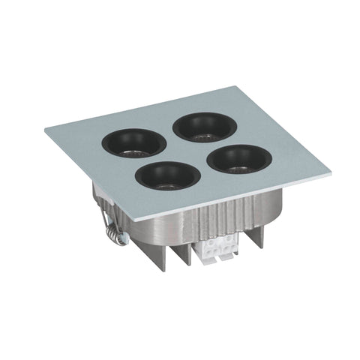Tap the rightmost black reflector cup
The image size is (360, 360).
tap(239, 157)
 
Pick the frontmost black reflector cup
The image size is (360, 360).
tap(169, 174)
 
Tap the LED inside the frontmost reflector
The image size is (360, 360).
tap(169, 184)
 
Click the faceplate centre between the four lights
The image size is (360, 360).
tap(188, 149)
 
